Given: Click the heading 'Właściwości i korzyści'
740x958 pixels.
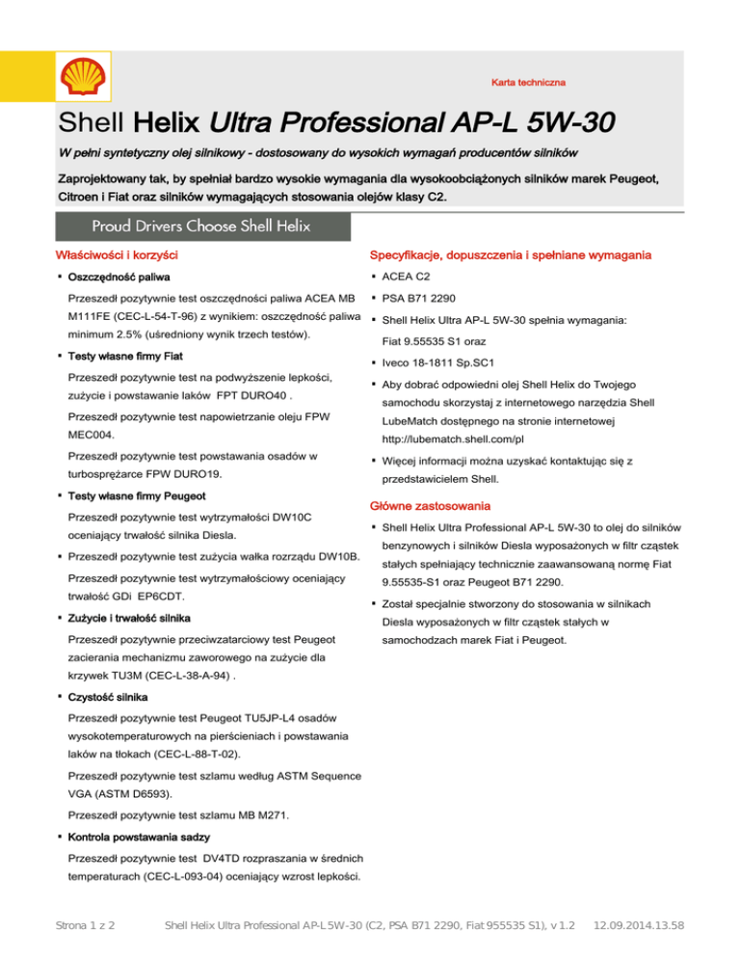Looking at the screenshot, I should point(118,256).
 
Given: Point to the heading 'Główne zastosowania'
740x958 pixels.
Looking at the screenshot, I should point(424,506).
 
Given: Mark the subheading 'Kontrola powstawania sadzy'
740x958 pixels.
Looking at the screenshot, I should point(141,838).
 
